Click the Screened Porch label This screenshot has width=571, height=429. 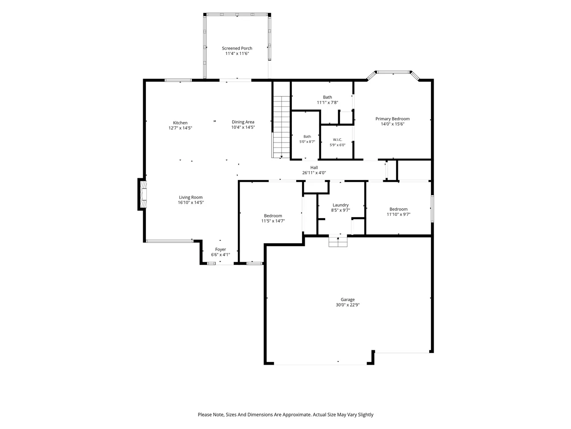click(237, 48)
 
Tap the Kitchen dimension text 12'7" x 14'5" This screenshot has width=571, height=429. click(180, 128)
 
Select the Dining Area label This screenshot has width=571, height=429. click(243, 122)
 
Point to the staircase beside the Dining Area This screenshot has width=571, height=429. click(281, 127)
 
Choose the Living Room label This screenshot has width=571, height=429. click(190, 198)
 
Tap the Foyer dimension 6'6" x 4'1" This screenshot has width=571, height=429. click(220, 254)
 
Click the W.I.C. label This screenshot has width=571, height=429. click(337, 139)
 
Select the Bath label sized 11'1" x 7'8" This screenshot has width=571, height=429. click(327, 97)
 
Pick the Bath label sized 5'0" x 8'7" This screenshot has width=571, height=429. click(307, 136)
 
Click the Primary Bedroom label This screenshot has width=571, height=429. click(392, 119)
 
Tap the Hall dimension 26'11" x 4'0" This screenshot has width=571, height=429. click(314, 172)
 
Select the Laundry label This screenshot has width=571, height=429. click(340, 205)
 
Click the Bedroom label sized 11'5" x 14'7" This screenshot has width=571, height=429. click(273, 216)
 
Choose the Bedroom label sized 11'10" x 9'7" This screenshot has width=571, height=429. click(398, 209)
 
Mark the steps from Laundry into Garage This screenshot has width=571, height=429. click(338, 241)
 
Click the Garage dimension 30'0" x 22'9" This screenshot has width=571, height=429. click(348, 305)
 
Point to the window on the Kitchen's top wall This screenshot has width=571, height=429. click(178, 80)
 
